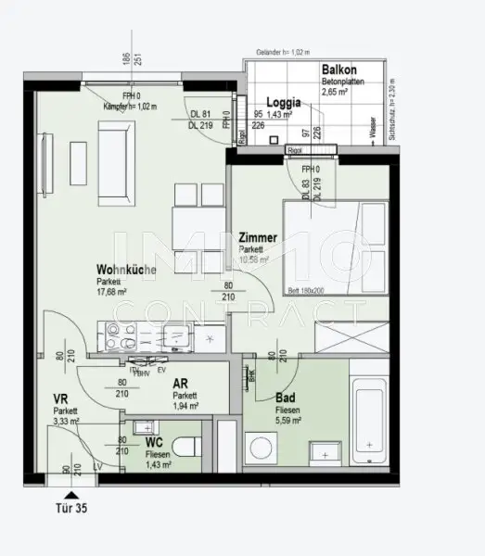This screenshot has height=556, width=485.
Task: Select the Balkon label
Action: pos(339,70)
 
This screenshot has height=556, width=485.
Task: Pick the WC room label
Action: pos(154,443)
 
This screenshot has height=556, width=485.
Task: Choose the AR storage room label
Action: pos(181,381)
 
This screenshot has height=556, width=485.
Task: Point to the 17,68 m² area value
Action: pos(112,291)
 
